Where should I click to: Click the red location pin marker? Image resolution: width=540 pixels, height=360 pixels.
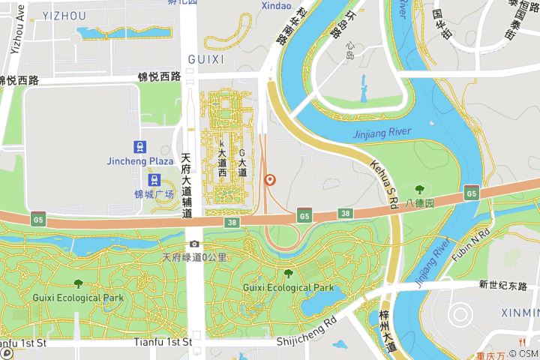(x=270, y=180)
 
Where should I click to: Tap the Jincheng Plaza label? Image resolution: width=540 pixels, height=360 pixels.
(x=140, y=161)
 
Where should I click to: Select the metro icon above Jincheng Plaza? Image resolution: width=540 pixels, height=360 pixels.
(x=140, y=146)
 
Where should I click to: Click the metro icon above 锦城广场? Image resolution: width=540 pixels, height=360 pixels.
(x=154, y=180)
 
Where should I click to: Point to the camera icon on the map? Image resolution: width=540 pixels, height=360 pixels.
(x=195, y=244)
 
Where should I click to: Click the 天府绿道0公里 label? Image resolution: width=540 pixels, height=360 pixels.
(x=195, y=258)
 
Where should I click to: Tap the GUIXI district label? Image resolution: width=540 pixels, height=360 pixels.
(x=205, y=59)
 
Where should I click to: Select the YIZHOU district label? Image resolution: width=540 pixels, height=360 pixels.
(x=64, y=16)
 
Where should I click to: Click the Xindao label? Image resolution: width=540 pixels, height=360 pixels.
(x=276, y=6)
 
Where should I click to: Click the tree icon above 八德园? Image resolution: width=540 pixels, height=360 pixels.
(x=419, y=190)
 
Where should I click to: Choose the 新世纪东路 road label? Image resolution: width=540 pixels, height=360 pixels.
(x=503, y=286)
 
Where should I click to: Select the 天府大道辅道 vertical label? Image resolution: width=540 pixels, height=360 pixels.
(x=187, y=186)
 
